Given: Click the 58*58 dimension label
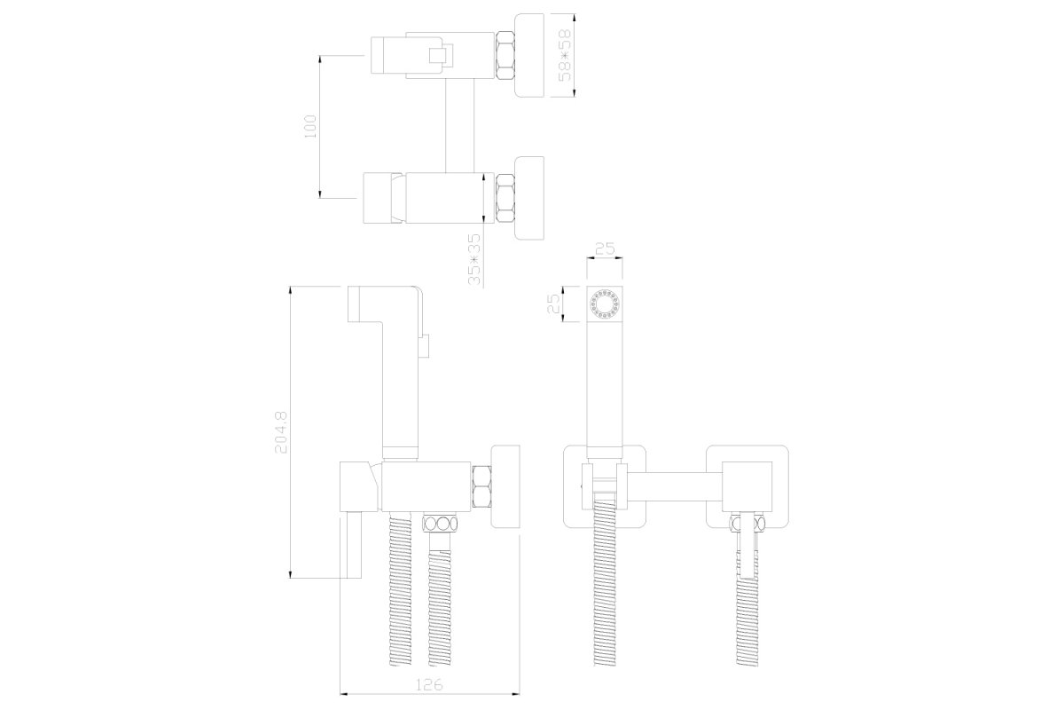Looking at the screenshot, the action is [x=564, y=55].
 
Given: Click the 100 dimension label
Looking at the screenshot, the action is [x=309, y=127].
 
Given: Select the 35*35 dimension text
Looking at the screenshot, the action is [x=474, y=259].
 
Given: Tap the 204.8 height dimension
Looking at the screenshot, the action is [x=281, y=432].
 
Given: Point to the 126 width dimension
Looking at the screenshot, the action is [x=429, y=685].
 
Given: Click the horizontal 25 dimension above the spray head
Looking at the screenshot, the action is [x=605, y=248].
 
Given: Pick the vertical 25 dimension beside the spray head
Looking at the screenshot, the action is [x=554, y=304].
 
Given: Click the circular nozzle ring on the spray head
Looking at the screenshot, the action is [x=605, y=304].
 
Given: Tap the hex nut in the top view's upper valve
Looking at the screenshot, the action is [x=505, y=55].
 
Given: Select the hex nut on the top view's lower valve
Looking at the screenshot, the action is [x=505, y=198].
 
